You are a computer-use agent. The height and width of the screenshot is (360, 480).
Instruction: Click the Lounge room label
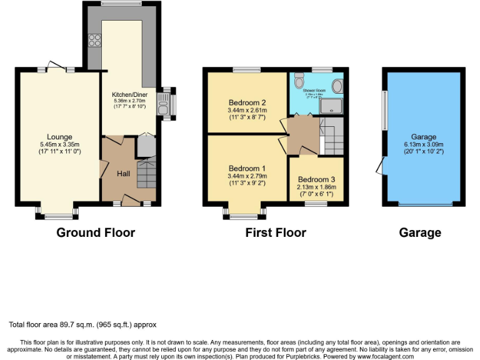coord(59,137)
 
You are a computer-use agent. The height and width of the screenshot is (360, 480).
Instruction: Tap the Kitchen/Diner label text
coord(129,94)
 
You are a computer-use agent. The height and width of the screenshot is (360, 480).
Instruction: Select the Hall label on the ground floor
coord(123,173)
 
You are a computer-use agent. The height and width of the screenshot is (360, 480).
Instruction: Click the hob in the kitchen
coord(96,40)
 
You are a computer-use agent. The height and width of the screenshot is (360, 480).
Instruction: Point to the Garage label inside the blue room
coord(423,137)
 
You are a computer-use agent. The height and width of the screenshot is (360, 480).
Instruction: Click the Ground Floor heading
coord(96,233)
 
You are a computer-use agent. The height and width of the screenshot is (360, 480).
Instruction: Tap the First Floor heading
coord(276,233)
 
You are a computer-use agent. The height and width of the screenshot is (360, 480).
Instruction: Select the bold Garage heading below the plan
coord(420,233)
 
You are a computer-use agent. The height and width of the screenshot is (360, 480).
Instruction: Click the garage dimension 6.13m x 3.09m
coord(423,144)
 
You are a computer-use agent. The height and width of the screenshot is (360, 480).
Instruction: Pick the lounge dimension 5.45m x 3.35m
coord(59,144)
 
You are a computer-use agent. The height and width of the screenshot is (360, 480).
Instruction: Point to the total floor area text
coord(82,325)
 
